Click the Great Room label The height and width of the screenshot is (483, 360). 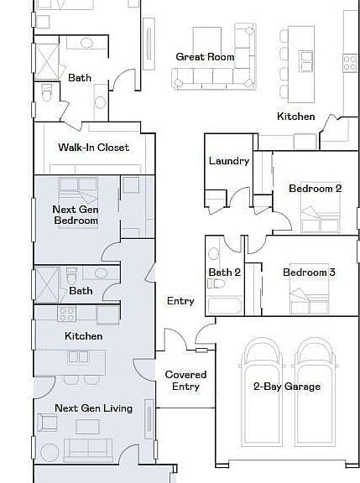(205, 57)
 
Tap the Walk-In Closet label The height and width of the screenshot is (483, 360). (94, 148)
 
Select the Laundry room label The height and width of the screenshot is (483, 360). (229, 161)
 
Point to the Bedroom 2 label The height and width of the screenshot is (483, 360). (316, 189)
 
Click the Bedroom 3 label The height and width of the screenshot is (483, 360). (309, 273)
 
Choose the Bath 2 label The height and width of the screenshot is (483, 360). (224, 273)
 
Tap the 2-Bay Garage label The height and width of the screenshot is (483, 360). (287, 387)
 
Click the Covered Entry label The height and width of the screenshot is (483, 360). (185, 381)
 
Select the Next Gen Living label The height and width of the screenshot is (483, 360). (94, 408)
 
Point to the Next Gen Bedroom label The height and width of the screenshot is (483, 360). (76, 215)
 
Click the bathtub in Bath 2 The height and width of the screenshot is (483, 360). (225, 305)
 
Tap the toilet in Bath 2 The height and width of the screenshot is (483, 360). (217, 283)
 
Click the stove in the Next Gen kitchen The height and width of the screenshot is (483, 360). (67, 314)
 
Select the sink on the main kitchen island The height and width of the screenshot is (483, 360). (306, 61)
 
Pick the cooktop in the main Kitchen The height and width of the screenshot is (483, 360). (351, 63)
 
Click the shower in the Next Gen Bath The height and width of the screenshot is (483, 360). (47, 284)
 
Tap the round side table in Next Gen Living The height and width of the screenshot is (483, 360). (50, 453)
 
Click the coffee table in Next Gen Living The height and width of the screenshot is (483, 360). (88, 427)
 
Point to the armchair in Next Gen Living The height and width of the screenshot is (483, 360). (47, 423)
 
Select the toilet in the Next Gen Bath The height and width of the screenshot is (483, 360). (72, 275)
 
